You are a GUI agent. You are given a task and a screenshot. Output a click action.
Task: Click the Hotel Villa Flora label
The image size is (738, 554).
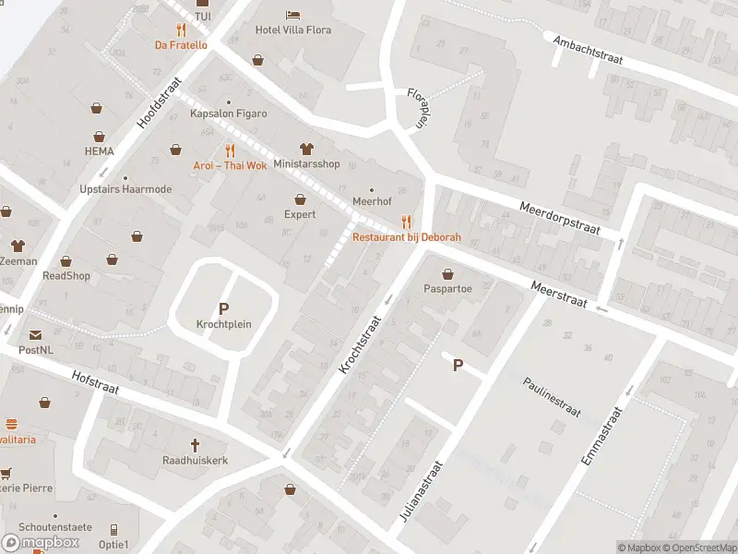tap(292, 30)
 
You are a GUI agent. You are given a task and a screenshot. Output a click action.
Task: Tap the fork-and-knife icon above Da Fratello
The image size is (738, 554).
tap(181, 30)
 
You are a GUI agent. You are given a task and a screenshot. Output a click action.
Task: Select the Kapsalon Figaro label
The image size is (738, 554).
tap(228, 114)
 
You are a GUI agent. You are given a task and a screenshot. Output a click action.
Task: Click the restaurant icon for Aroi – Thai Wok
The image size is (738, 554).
tap(230, 151)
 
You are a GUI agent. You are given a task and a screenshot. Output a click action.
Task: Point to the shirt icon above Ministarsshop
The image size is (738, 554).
tap(306, 149)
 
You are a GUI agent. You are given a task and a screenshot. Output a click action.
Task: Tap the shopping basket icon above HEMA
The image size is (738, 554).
tap(97, 109)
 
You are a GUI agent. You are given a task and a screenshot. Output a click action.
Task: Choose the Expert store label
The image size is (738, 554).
tap(300, 214)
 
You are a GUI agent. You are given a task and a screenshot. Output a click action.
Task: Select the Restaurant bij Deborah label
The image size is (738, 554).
tap(406, 237)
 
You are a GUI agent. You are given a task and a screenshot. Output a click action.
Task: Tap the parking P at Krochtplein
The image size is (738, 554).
tap(223, 309)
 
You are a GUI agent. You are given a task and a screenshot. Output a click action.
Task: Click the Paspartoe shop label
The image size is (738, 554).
tap(447, 288)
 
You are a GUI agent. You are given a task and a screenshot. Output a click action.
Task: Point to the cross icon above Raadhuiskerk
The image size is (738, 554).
tap(195, 445)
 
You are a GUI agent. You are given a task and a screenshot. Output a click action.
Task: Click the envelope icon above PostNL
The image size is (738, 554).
tap(36, 335)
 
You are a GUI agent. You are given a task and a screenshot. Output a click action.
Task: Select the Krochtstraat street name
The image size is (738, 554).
tap(360, 341)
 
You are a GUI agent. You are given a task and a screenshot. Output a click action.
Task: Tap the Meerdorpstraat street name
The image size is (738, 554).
tap(560, 220)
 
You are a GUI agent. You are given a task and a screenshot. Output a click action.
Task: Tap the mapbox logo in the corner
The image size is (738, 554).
tap(42, 542)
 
